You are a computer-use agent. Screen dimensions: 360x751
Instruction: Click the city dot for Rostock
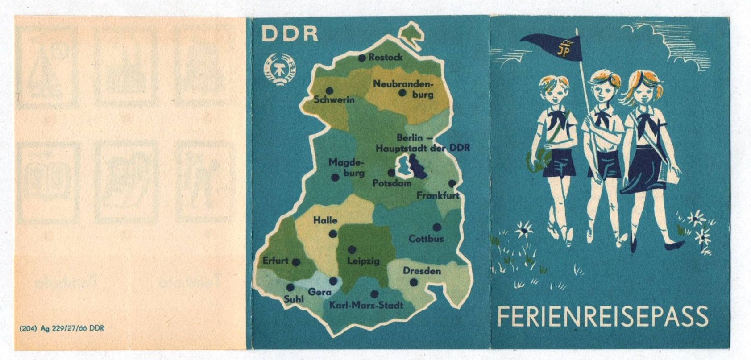click(x=362, y=58)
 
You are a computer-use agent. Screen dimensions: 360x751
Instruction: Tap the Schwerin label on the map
click(x=334, y=99)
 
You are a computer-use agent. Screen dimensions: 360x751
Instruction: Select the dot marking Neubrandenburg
click(x=402, y=93)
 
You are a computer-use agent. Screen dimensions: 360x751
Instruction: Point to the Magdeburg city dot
click(x=335, y=178)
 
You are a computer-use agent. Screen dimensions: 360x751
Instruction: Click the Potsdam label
click(x=392, y=183)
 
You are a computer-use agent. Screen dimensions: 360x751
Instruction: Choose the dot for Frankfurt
click(x=452, y=183)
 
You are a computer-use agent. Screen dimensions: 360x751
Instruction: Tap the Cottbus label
click(x=426, y=239)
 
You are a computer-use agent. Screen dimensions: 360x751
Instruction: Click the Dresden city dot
click(x=414, y=282)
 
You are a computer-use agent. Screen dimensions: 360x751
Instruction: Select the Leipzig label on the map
click(x=363, y=261)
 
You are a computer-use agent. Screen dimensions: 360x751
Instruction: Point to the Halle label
click(x=325, y=220)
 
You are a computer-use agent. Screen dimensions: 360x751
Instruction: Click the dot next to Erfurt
click(x=296, y=262)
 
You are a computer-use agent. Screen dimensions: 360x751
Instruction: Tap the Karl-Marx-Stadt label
click(x=366, y=305)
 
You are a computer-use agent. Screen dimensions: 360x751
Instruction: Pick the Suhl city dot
click(x=290, y=287)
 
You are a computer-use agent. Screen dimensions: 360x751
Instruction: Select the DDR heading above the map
click(x=290, y=34)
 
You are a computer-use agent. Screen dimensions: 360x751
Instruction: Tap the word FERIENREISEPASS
click(x=602, y=316)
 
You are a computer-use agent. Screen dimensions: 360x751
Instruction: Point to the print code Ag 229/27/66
click(x=62, y=329)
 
